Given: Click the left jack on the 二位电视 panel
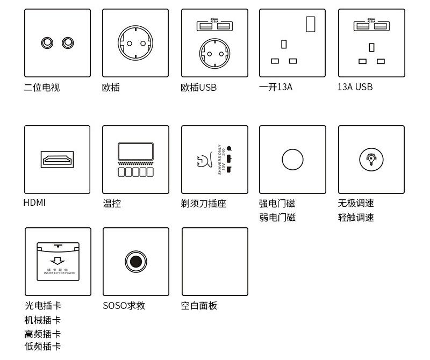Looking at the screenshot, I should pos(48,42).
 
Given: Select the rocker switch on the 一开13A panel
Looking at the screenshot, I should pos(310,24).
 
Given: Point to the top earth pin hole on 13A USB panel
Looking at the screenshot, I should pos(371,47).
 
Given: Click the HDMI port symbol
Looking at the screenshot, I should pos(58,160).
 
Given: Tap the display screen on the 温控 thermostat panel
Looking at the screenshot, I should pos(135,150).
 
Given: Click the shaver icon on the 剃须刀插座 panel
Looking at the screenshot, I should pos(205,161).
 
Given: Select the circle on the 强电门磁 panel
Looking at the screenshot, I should pos(292,160).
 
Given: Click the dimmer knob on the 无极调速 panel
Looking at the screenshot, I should pos(371,160).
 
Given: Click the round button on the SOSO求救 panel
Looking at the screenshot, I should pos(135,262).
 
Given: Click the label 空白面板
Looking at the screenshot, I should pos(199,306).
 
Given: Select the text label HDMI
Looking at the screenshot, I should pos(35,203).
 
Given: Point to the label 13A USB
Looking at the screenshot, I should pos(355,87).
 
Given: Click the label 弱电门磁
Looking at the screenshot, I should pos(277,218).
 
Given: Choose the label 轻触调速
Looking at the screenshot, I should pos(356,218).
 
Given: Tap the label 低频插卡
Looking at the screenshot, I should pos(42,347).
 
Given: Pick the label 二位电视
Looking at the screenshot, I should pos(42,87).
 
